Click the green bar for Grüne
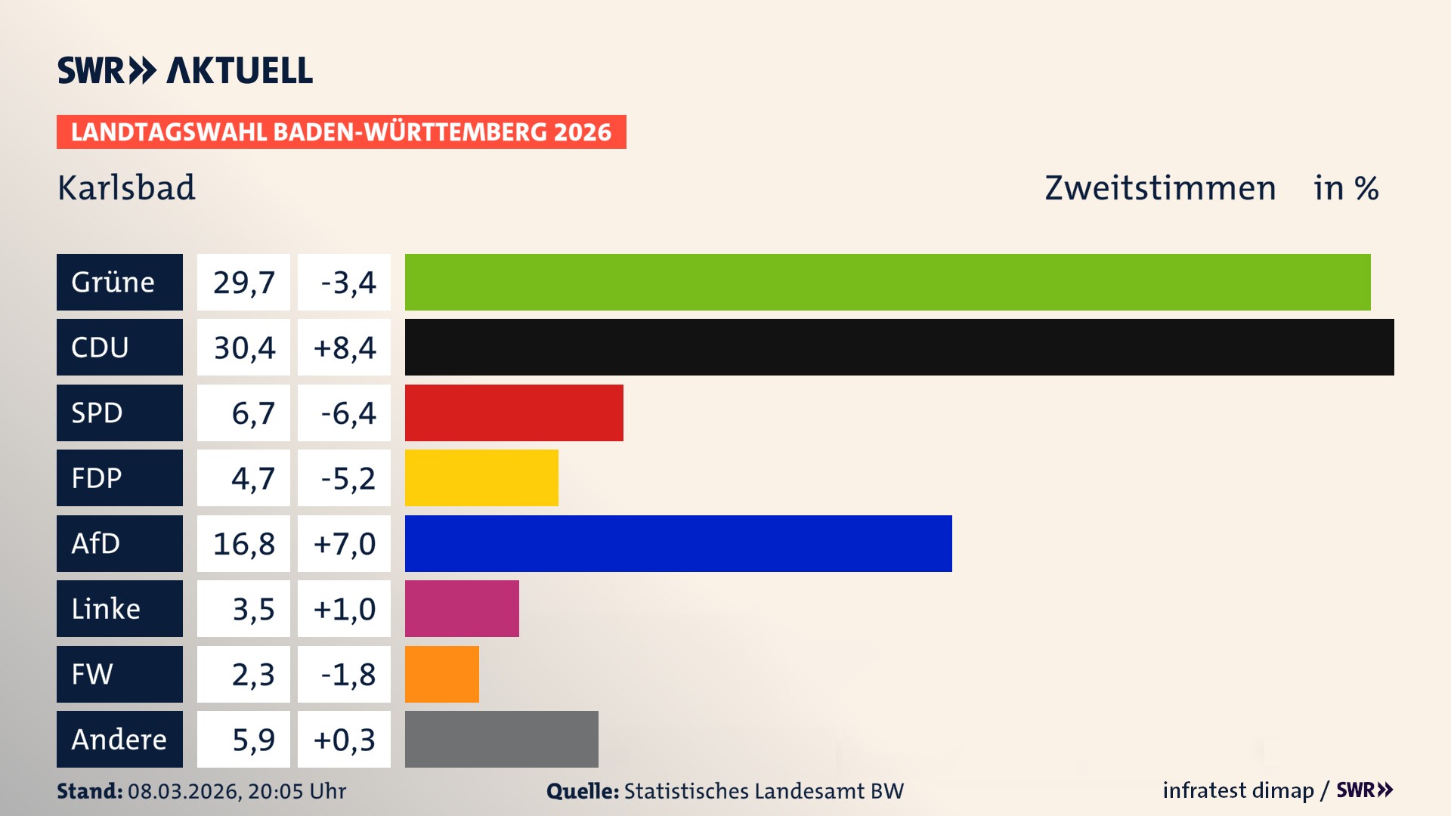click(x=887, y=282)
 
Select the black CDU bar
click(x=899, y=347)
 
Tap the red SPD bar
click(x=514, y=413)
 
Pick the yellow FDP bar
click(x=481, y=478)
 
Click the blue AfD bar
click(x=678, y=543)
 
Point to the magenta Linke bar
click(x=462, y=608)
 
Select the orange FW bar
click(x=441, y=674)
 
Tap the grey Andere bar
click(x=501, y=739)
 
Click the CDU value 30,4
click(x=243, y=348)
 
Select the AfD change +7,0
click(x=345, y=544)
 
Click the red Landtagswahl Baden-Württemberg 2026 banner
click(x=341, y=132)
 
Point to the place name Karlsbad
click(x=126, y=188)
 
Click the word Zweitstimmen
click(x=1160, y=188)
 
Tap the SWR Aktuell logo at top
click(x=185, y=70)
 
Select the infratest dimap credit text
click(x=1237, y=790)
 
